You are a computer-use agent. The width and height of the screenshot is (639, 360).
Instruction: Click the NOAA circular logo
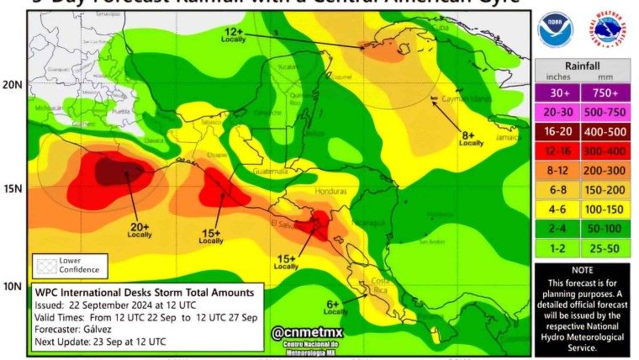tap(554, 29)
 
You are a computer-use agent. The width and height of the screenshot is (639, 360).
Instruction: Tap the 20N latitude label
tap(12, 85)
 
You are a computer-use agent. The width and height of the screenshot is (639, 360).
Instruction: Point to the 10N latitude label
tap(12, 287)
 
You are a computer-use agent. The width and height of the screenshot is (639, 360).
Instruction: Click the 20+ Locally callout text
tap(139, 230)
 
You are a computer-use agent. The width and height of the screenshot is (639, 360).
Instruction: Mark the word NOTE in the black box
tap(582, 271)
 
